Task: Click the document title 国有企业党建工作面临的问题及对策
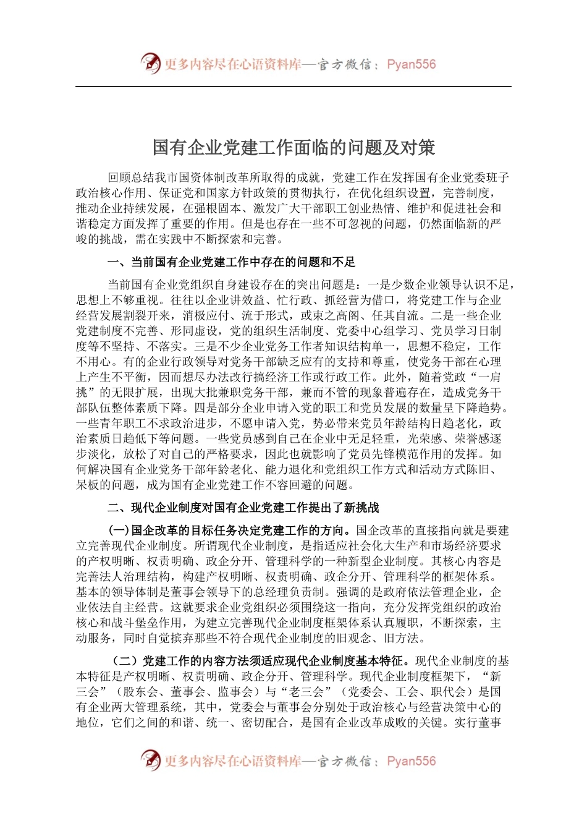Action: point(293,148)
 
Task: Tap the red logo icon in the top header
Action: point(150,64)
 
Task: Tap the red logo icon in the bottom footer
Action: point(150,761)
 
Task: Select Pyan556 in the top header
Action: point(411,64)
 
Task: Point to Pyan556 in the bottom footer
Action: point(411,761)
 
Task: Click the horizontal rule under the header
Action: point(293,87)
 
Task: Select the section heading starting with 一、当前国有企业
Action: point(231,262)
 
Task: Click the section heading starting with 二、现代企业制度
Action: point(243,508)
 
